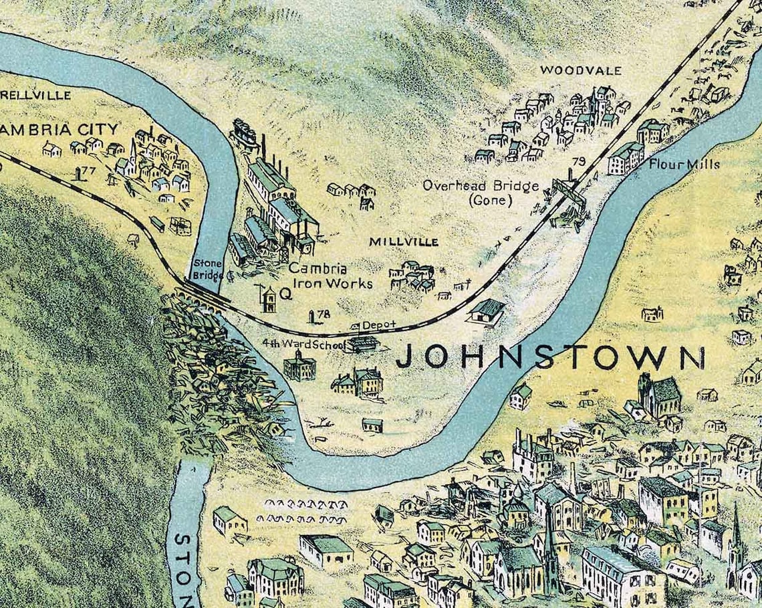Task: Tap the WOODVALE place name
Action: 580,70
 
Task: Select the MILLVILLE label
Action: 404,241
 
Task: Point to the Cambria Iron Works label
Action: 330,276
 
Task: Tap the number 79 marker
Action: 579,161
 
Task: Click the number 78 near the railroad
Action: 324,314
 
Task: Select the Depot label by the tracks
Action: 378,325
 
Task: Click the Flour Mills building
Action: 626,159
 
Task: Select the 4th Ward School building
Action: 299,366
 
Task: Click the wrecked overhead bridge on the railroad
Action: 568,198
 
